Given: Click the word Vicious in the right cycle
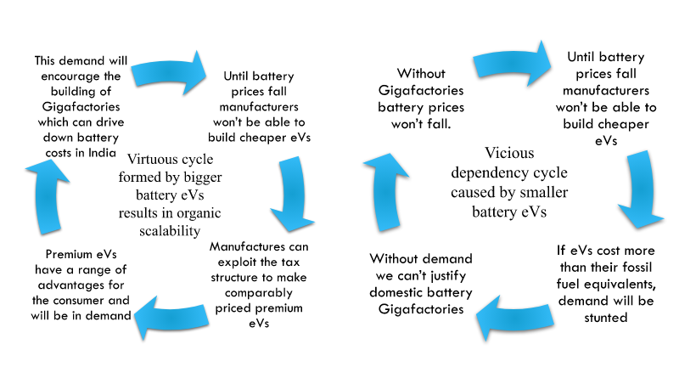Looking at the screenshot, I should pyautogui.click(x=511, y=153).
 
